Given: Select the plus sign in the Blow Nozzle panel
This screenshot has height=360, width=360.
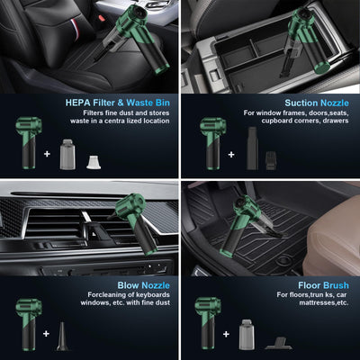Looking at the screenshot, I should coord(45,334).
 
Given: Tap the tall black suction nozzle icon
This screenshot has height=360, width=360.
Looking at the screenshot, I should coord(252,148).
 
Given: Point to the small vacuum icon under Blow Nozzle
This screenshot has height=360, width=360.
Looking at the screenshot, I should coord(25,329).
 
